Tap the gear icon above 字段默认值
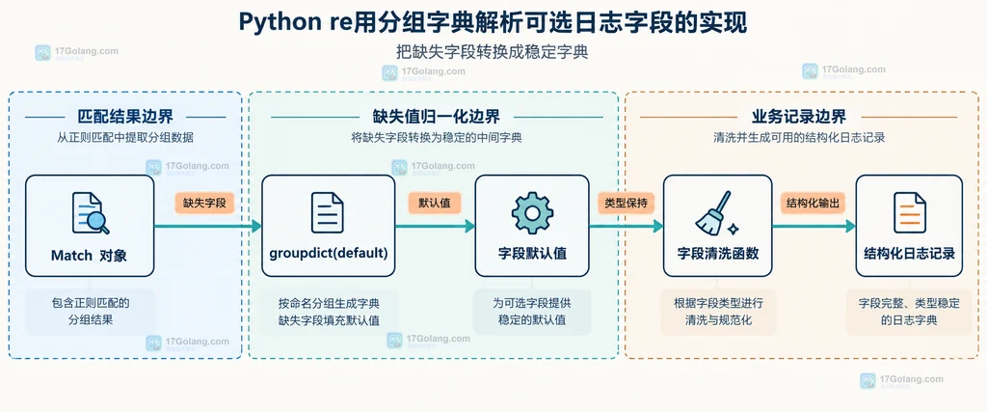pyautogui.click(x=532, y=213)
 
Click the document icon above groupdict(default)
pyautogui.click(x=328, y=213)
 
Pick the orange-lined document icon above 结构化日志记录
pyautogui.click(x=910, y=213)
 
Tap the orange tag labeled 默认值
pyautogui.click(x=435, y=203)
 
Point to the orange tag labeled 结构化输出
pyautogui.click(x=813, y=203)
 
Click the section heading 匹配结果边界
pyautogui.click(x=125, y=117)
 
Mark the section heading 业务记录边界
pyautogui.click(x=799, y=117)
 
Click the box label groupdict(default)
pyautogui.click(x=328, y=255)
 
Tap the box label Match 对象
pyautogui.click(x=90, y=256)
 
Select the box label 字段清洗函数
pyautogui.click(x=717, y=255)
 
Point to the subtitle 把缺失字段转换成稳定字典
pyautogui.click(x=493, y=52)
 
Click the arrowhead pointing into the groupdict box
pyautogui.click(x=256, y=226)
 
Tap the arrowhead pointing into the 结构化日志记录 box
pyautogui.click(x=850, y=226)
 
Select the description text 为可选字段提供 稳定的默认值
pyautogui.click(x=532, y=312)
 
